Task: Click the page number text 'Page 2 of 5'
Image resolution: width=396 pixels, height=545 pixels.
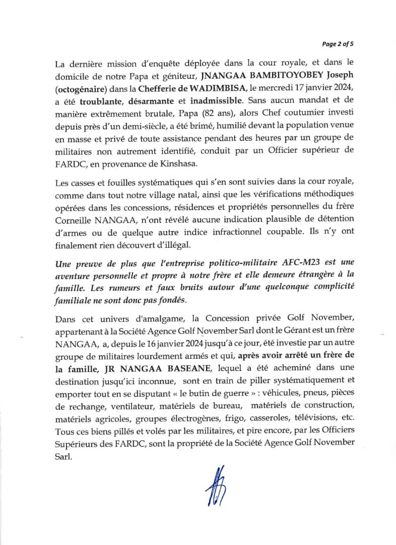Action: (338, 44)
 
